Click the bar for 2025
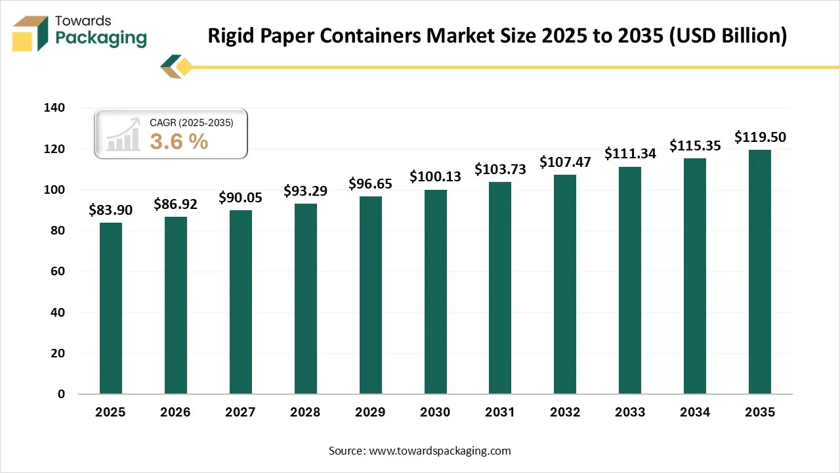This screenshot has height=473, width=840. tap(110, 308)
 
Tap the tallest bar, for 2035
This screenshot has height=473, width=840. tap(760, 272)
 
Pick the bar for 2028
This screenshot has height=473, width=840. tap(305, 299)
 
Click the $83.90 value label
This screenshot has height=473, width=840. tap(110, 210)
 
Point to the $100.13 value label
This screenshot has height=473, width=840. tap(435, 177)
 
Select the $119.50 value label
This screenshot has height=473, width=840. tap(760, 137)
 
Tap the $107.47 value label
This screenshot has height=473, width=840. tap(565, 162)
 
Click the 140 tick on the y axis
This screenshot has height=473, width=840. tap(55, 108)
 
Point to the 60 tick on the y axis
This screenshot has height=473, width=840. tap(58, 272)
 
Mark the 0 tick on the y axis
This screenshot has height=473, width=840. tap(61, 394)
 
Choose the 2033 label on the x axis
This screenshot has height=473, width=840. tap(630, 413)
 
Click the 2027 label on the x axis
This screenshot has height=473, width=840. tap(240, 413)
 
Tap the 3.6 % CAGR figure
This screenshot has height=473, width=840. tap(179, 141)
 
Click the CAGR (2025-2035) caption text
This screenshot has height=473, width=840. tap(191, 122)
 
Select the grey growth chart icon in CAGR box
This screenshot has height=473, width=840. tap(123, 135)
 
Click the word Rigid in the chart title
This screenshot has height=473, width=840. tap(231, 36)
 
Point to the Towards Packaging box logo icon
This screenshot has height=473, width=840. tap(30, 34)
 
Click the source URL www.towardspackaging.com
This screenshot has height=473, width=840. tap(440, 451)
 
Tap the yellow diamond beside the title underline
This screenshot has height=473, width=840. tap(184, 66)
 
